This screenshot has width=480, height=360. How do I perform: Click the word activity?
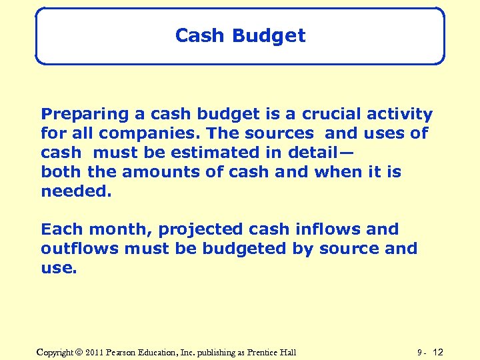coord(399,115)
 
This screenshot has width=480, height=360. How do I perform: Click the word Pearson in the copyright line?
coord(127,352)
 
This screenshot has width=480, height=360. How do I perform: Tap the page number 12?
coord(438,352)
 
